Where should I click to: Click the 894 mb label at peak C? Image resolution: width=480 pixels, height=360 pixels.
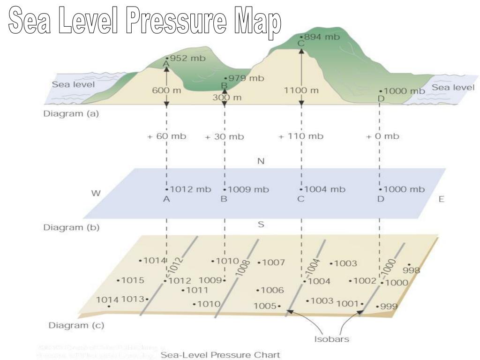tap(322, 37)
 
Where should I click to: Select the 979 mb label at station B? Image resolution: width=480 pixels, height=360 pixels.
tap(246, 78)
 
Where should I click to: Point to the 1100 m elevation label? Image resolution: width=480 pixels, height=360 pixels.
tap(301, 90)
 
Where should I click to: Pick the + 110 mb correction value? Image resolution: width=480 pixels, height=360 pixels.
tap(300, 136)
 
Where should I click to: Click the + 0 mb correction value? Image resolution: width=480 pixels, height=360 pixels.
tap(382, 136)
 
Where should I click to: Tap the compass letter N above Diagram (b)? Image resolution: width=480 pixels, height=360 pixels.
tap(261, 162)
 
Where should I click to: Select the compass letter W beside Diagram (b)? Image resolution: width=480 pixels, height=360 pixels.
tap(96, 193)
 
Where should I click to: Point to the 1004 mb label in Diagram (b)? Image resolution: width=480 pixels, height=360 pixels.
tap(324, 190)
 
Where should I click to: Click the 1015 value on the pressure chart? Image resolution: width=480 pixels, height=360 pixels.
tap(132, 281)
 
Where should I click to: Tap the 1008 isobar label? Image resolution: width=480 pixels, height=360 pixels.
tap(243, 270)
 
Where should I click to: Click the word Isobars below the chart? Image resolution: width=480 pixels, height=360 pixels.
tap(331, 338)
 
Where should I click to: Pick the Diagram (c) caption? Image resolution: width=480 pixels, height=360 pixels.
tap(76, 325)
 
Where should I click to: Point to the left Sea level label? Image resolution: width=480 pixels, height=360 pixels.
tap(73, 85)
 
